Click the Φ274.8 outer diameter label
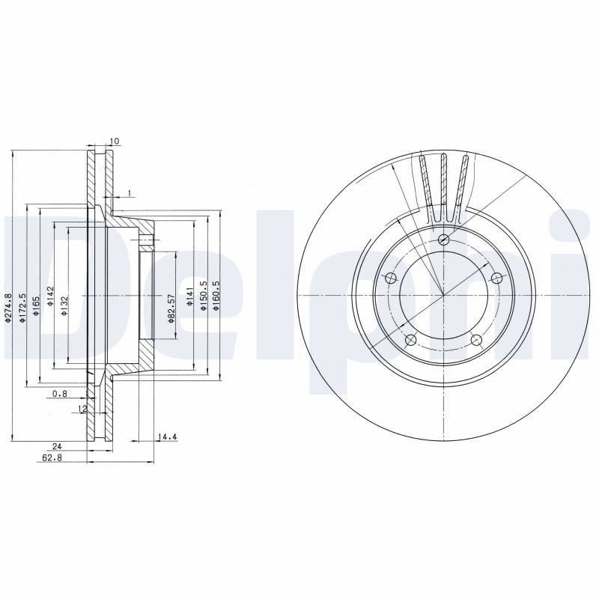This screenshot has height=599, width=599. (8, 308)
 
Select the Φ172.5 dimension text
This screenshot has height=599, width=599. (22, 308)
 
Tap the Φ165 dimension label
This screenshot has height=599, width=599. (36, 305)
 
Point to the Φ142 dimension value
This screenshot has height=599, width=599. (50, 296)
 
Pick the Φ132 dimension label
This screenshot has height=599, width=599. (64, 305)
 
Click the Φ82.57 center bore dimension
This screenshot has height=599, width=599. (172, 308)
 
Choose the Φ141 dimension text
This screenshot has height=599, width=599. (190, 296)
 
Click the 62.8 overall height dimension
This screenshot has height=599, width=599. (52, 457)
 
